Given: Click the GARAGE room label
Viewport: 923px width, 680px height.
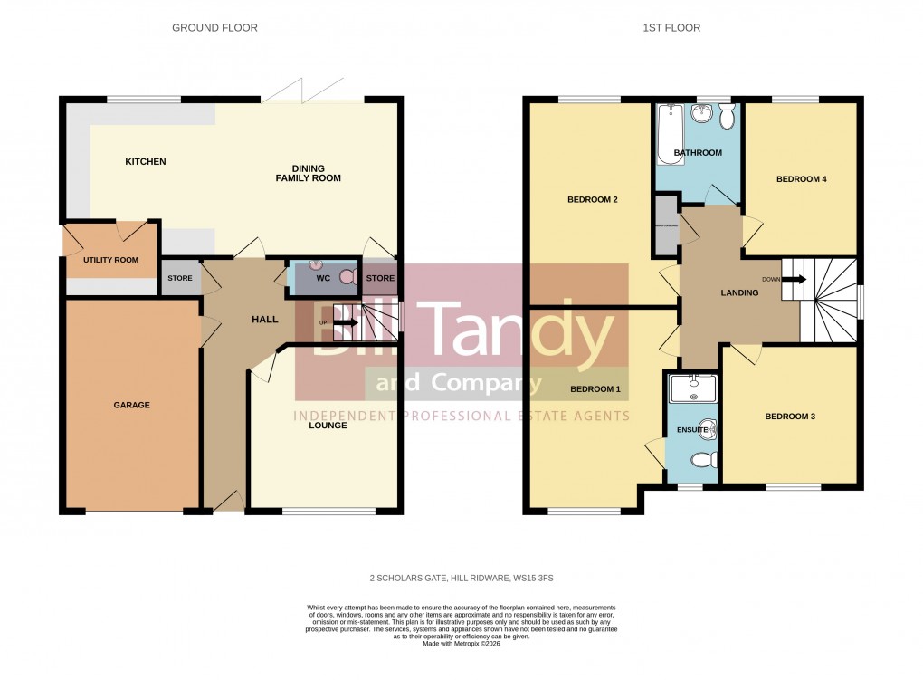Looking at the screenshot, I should click(131, 405).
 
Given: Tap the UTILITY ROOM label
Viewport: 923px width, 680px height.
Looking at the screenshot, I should click(110, 260).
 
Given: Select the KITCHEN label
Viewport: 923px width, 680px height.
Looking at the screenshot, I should click(146, 162).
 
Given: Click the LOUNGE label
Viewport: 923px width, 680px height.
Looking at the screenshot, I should click(327, 425).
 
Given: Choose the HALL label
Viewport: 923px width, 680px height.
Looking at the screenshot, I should click(264, 320).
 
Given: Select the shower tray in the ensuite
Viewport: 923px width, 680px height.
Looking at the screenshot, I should click(691, 388).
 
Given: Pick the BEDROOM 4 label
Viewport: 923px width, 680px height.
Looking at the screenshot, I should click(801, 179).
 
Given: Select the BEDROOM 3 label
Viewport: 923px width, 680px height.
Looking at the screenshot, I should click(790, 417).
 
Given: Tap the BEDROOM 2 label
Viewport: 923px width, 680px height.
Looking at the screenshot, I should click(592, 199).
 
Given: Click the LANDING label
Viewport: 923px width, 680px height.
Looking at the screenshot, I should click(738, 292).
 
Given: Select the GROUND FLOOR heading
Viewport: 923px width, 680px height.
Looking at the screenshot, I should click(214, 28).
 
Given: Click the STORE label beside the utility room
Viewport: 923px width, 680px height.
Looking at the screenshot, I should click(179, 278).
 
